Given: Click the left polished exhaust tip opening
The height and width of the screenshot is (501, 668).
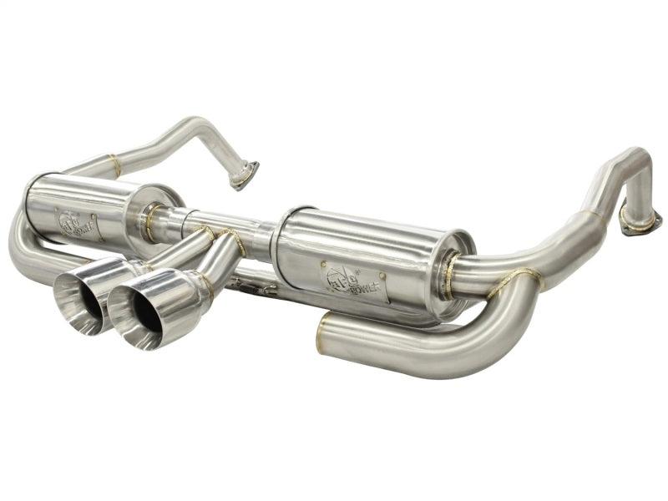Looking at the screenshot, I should (78, 300).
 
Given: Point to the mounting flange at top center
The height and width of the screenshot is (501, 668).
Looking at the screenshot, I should (245, 176).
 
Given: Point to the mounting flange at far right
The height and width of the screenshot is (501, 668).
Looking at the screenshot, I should (640, 219).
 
